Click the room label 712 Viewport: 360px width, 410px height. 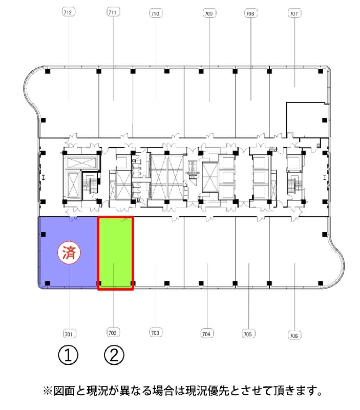[x=69, y=12]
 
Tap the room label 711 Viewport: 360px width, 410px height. [x=113, y=12]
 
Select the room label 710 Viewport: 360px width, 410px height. [x=156, y=13]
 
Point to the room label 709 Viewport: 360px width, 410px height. [x=209, y=13]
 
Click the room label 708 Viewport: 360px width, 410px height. [x=250, y=13]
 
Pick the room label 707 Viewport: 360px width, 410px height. [x=294, y=13]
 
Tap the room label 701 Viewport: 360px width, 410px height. [x=69, y=334]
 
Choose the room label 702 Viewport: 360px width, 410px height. [x=113, y=333]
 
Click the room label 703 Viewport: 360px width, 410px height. [x=156, y=333]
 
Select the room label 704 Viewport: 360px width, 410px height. [x=207, y=334]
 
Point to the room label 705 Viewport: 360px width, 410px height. [x=248, y=334]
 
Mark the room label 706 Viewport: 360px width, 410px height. [x=294, y=335]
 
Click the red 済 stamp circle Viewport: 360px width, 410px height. [x=69, y=253]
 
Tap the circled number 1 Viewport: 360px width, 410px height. [x=68, y=355]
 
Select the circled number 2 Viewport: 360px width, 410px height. [x=114, y=355]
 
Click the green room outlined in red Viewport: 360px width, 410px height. [x=115, y=253]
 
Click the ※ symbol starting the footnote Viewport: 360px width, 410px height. [x=48, y=391]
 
